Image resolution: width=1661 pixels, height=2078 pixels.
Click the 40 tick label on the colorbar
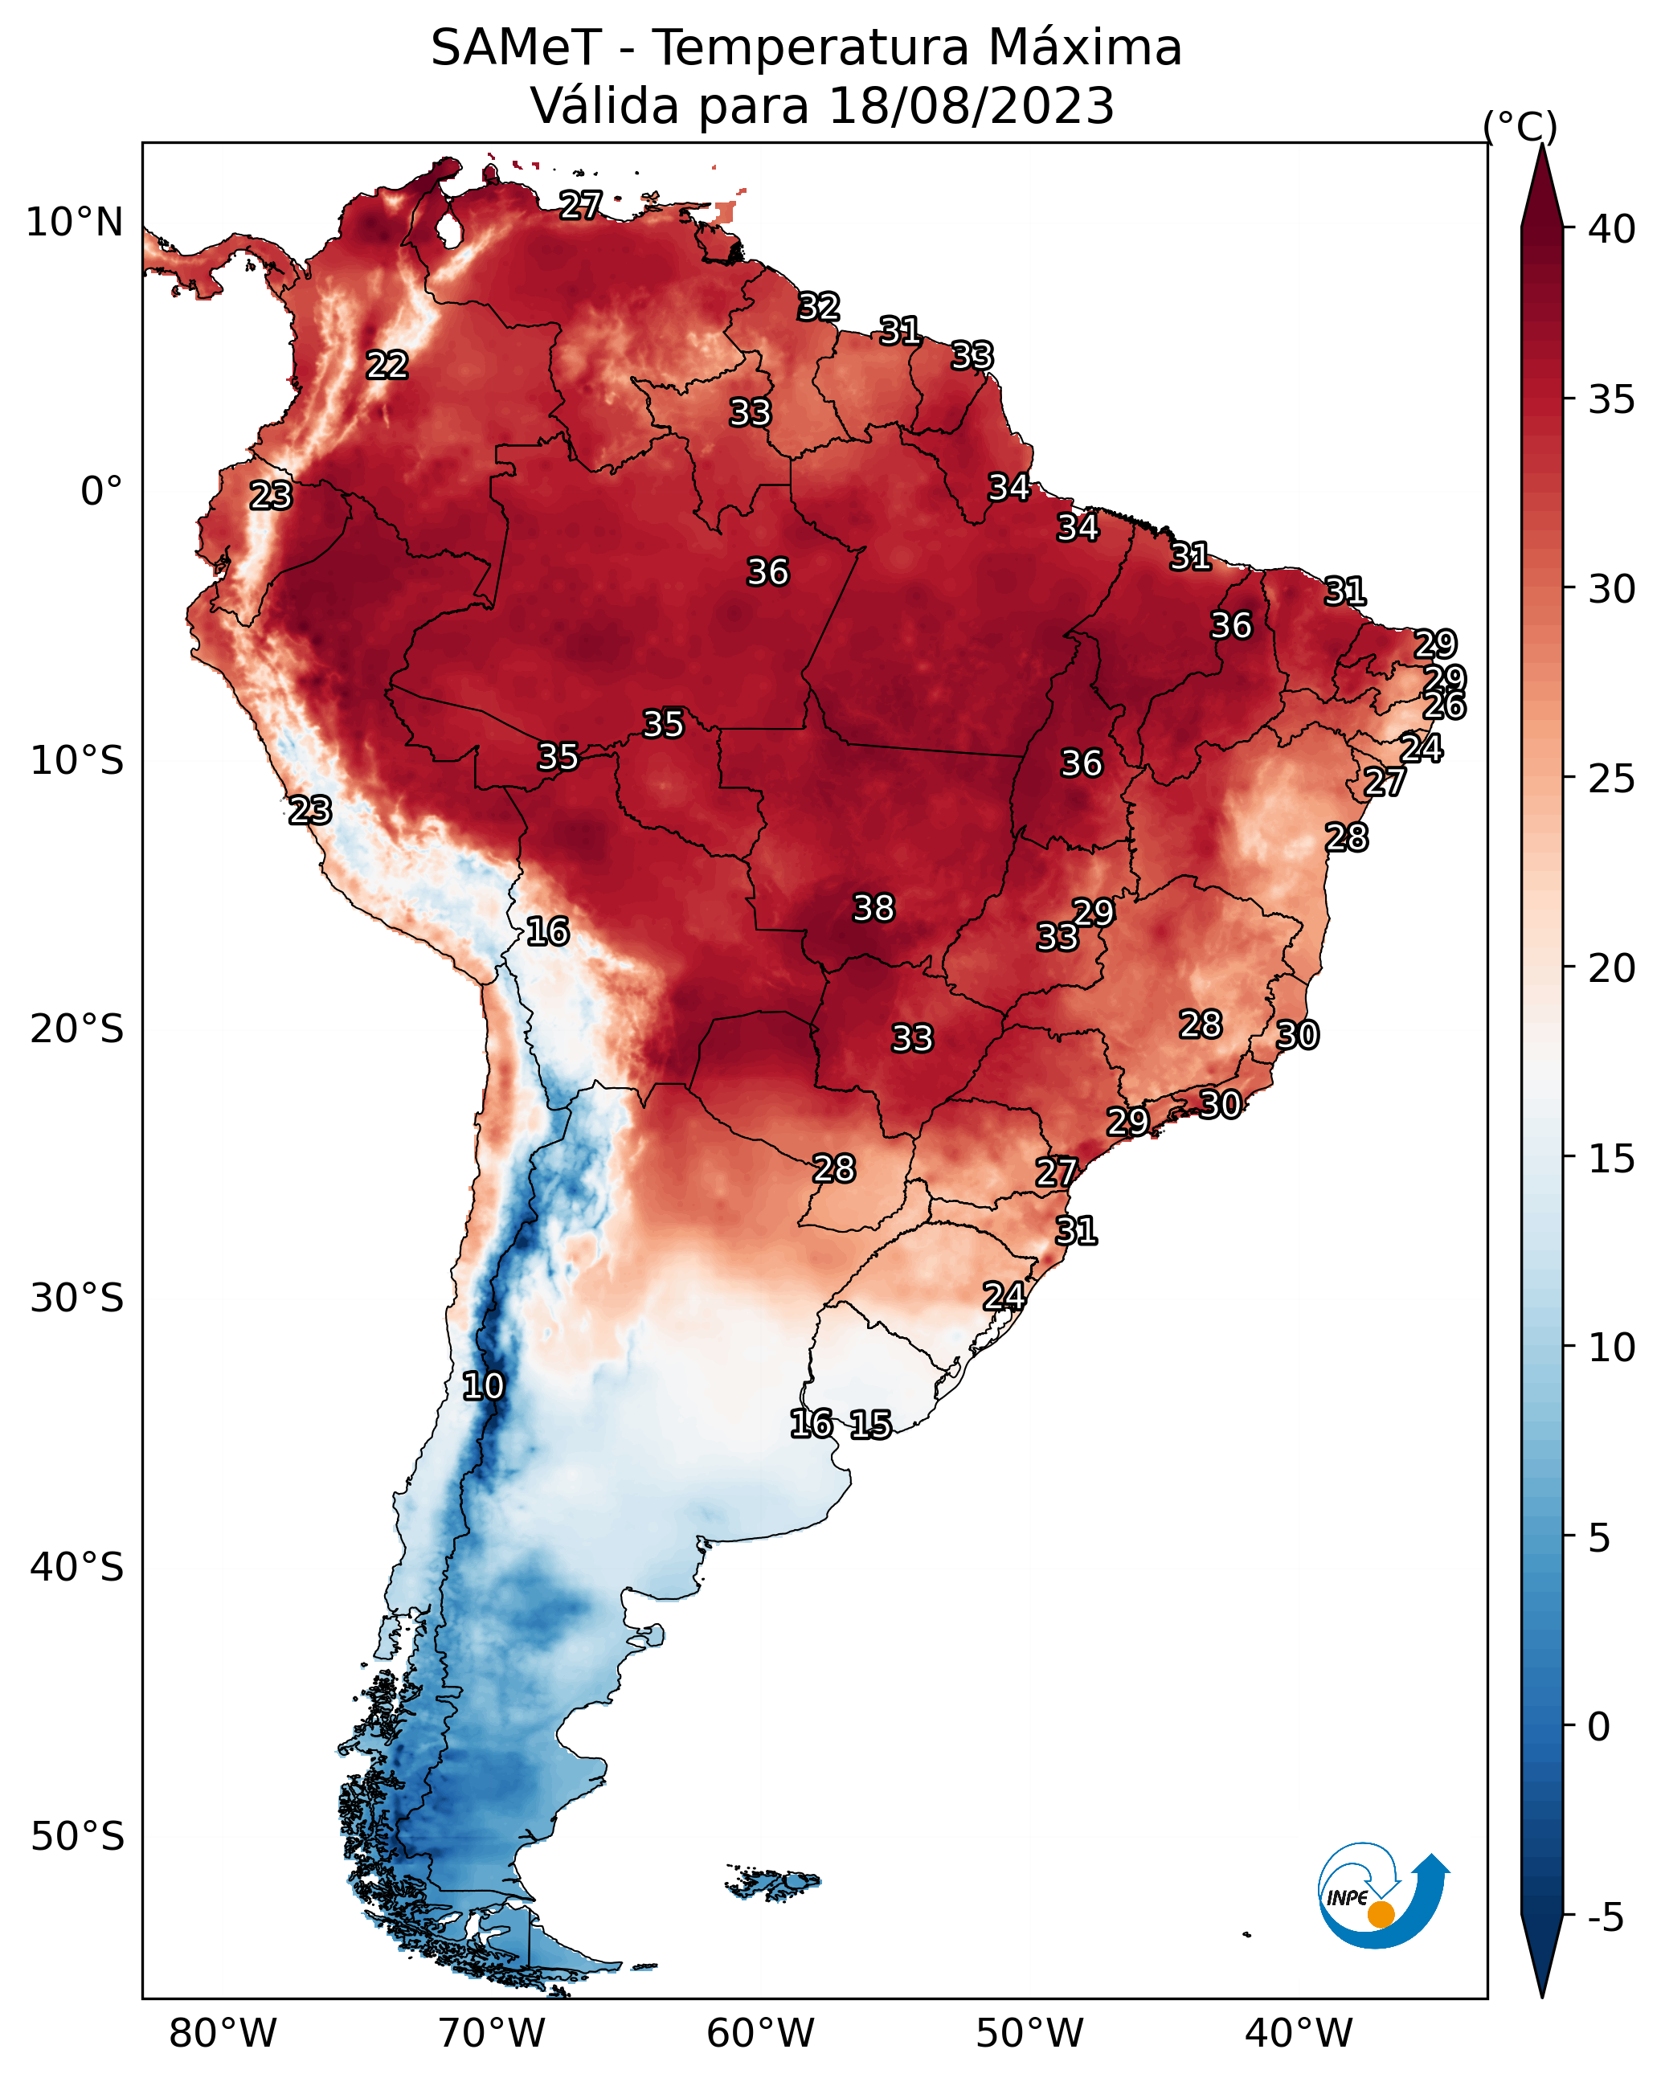click(x=1612, y=229)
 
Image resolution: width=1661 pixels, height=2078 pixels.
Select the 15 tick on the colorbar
click(x=1612, y=1159)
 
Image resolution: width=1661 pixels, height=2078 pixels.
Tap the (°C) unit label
click(x=1520, y=126)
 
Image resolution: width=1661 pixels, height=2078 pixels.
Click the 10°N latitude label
click(x=74, y=223)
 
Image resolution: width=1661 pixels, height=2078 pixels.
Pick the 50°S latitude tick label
click(x=77, y=1837)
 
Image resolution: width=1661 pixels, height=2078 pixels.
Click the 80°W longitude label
click(x=223, y=2034)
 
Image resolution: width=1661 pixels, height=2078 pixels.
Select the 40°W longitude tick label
click(x=1299, y=2034)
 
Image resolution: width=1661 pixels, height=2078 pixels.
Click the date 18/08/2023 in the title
click(x=971, y=106)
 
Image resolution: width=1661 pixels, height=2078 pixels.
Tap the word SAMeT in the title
click(x=516, y=48)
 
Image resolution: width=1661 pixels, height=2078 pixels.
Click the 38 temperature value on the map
click(x=873, y=908)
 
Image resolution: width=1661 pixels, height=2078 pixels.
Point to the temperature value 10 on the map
click(x=483, y=1386)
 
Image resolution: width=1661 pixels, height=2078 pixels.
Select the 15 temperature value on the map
click(x=870, y=1425)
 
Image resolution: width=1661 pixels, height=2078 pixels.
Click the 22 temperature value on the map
click(x=387, y=366)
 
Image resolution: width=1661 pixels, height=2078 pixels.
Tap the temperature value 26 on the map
click(x=1444, y=706)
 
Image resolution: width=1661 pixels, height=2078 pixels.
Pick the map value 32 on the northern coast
click(x=819, y=306)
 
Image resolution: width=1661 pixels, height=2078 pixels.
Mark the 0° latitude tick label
click(x=101, y=492)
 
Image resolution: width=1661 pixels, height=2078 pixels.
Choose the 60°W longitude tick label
click(x=761, y=2034)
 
